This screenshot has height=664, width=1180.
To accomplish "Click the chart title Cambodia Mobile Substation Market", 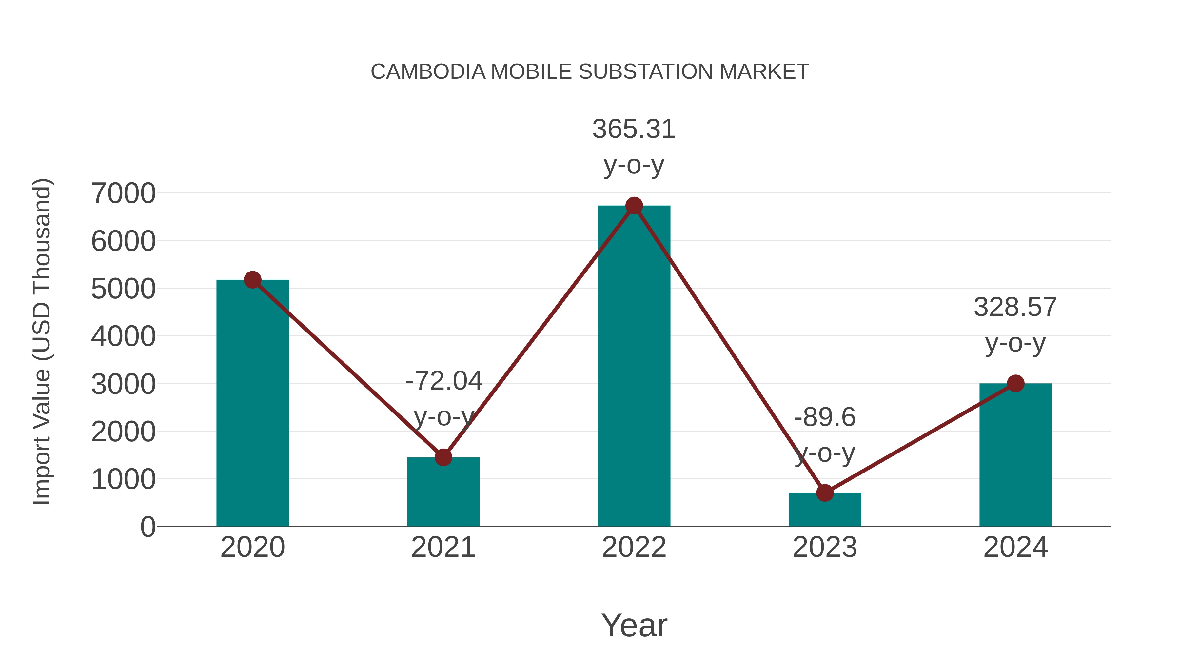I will (590, 72).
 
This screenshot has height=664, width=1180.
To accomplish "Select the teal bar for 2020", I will (252, 403).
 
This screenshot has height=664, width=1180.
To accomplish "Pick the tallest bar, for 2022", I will (634, 367).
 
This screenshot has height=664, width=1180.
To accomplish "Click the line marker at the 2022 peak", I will (634, 206).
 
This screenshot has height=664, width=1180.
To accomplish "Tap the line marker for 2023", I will (825, 493).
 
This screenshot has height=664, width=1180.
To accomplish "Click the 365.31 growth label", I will (634, 129).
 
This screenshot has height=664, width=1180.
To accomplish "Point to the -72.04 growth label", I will (444, 381).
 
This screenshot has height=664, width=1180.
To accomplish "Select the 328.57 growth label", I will (1015, 307).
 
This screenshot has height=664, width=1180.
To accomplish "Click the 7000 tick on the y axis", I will (123, 193).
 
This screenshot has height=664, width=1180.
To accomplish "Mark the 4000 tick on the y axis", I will (123, 336).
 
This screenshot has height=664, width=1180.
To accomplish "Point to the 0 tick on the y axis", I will (147, 527).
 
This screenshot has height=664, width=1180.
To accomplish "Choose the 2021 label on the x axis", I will (443, 547).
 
